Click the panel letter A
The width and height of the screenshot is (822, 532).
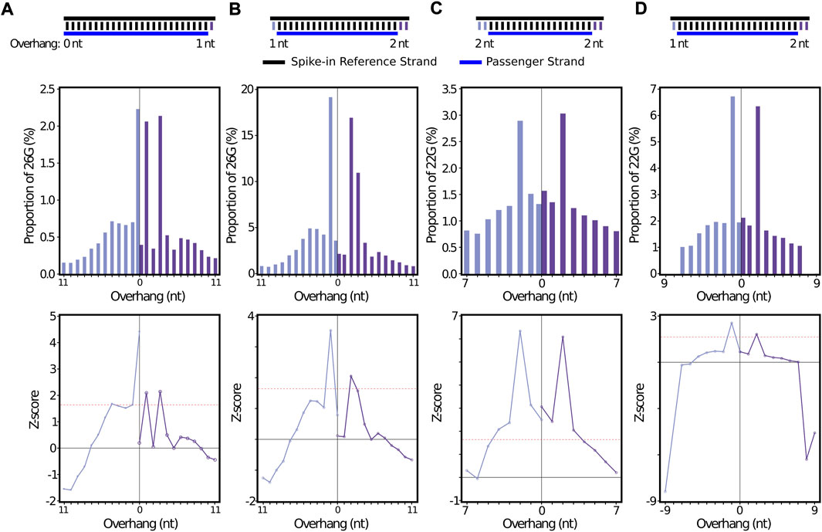[x=7, y=8]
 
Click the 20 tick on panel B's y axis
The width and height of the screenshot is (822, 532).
[x=249, y=90]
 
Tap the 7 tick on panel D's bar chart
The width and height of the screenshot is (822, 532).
[x=654, y=90]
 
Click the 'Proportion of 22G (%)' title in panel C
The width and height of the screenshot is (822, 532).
[x=426, y=181]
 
